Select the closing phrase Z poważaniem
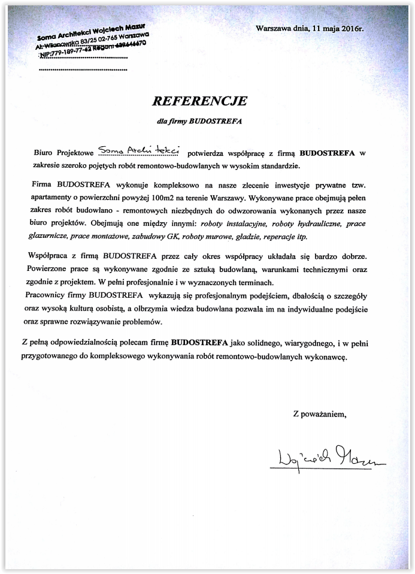[x=319, y=413]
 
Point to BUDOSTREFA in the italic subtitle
[x=214, y=120]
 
